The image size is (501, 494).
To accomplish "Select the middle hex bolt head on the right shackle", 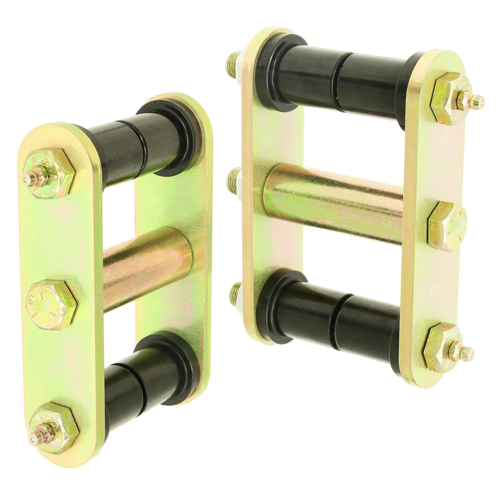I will (x=447, y=226).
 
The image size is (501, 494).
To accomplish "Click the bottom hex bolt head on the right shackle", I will (x=443, y=344).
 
